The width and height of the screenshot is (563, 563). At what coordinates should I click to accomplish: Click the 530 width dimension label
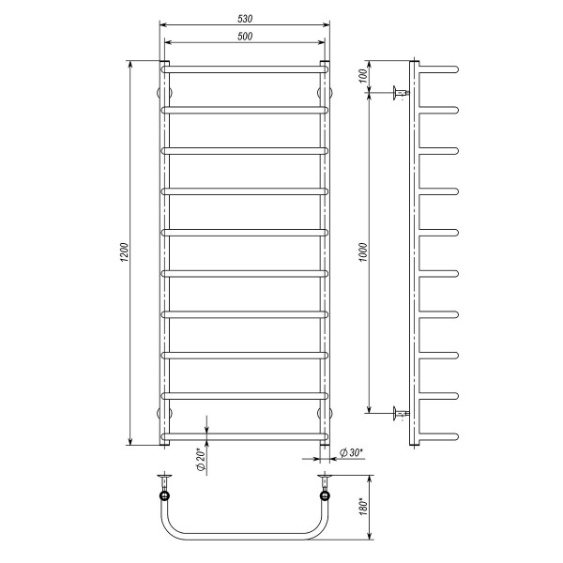tap(245, 19)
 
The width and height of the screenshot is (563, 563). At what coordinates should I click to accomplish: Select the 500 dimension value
tap(245, 37)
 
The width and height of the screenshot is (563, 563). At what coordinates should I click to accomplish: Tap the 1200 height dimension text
tap(124, 252)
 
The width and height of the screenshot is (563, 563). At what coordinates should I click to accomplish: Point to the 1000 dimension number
tap(363, 252)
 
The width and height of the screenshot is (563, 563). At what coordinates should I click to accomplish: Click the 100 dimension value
tap(363, 76)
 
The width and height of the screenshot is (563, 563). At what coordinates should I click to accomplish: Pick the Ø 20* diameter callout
tap(201, 459)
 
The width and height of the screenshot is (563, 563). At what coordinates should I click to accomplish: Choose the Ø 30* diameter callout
tap(351, 453)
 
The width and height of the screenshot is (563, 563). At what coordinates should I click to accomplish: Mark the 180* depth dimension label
tap(363, 507)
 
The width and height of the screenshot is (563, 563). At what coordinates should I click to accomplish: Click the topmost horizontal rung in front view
tap(245, 69)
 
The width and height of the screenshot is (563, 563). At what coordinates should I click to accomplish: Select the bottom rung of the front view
tap(245, 437)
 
